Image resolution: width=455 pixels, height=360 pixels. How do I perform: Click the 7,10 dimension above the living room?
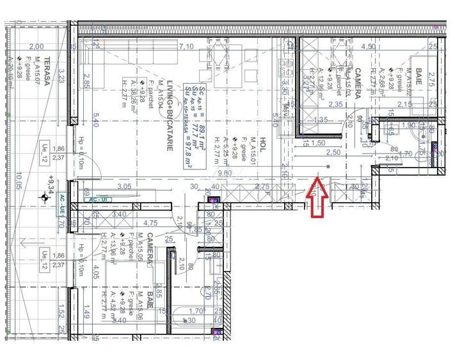tap(186, 47)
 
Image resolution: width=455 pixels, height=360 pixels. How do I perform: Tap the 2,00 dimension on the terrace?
tap(36, 47)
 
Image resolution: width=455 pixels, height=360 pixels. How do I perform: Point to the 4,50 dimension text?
tap(369, 47)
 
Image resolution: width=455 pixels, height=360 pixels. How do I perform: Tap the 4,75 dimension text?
tap(150, 223)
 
